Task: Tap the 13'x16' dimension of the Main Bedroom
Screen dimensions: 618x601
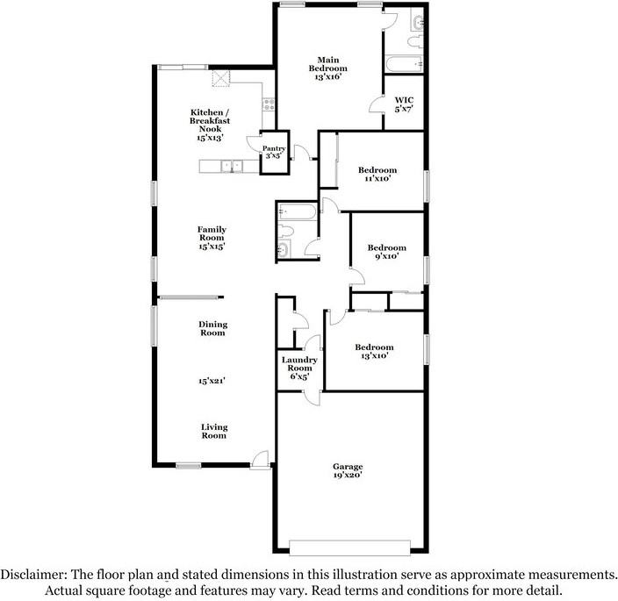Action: [328, 77]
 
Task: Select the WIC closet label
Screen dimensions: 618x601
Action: [404, 100]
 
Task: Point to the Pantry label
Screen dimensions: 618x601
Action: [274, 148]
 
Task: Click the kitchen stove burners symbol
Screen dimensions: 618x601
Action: [269, 104]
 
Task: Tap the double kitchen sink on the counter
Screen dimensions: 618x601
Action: [232, 166]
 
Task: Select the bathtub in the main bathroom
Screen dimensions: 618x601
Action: [404, 64]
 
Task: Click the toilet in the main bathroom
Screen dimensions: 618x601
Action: [414, 41]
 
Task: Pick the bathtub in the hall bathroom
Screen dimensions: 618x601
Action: [297, 212]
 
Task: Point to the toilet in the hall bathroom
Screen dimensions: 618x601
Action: [285, 231]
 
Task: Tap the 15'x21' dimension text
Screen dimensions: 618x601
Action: [212, 381]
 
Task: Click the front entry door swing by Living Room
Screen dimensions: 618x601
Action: [260, 459]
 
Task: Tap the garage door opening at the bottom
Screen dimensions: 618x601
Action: [350, 547]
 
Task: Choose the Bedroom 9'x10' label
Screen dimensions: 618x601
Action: [386, 252]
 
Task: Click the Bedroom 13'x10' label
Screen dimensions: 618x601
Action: [374, 351]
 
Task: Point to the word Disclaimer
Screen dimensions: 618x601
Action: [33, 574]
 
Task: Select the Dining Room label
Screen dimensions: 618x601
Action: [212, 328]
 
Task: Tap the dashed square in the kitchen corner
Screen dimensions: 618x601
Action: [221, 78]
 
